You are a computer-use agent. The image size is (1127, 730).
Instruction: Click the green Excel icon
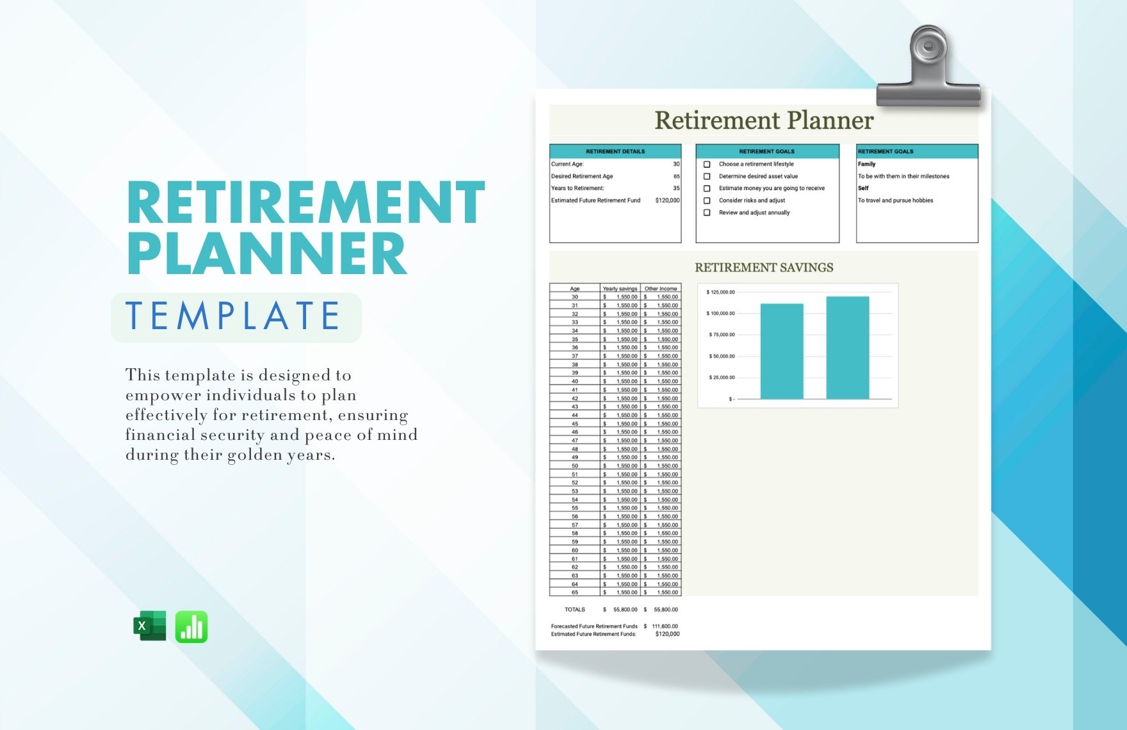point(150,626)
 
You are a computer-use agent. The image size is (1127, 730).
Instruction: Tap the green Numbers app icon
point(191,626)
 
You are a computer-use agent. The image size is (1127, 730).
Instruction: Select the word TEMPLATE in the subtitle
point(233,316)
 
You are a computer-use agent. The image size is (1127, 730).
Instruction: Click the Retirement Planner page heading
point(764,120)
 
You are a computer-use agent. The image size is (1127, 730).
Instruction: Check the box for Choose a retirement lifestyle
point(707,165)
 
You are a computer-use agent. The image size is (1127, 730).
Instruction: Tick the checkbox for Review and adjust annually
point(707,213)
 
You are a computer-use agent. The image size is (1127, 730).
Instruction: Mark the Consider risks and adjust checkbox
point(707,200)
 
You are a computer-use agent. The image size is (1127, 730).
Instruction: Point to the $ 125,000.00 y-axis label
point(720,292)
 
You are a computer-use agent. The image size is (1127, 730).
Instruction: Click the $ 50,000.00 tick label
point(722,356)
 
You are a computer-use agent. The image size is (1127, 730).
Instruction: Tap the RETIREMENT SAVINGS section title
point(764,268)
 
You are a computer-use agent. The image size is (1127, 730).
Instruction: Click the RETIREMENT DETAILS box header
point(615,152)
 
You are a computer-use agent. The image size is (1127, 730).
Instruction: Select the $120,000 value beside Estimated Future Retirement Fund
point(667,200)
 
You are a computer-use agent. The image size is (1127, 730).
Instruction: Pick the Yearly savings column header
point(620,289)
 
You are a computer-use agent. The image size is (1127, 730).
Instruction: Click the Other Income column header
point(660,289)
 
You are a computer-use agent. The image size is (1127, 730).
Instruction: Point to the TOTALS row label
point(574,610)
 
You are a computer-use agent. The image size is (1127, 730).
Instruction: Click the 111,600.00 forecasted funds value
point(665,626)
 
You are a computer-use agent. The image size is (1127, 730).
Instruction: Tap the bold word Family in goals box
point(866,164)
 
